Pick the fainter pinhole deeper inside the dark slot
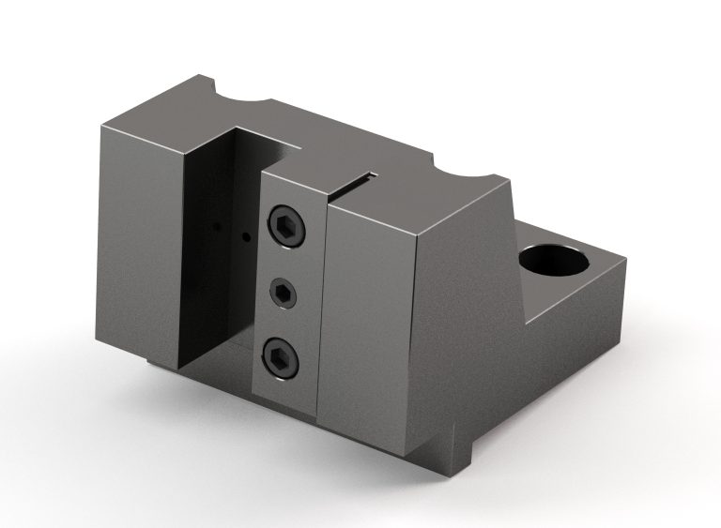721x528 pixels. [x=217, y=228]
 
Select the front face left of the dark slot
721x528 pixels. [x=141, y=244]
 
